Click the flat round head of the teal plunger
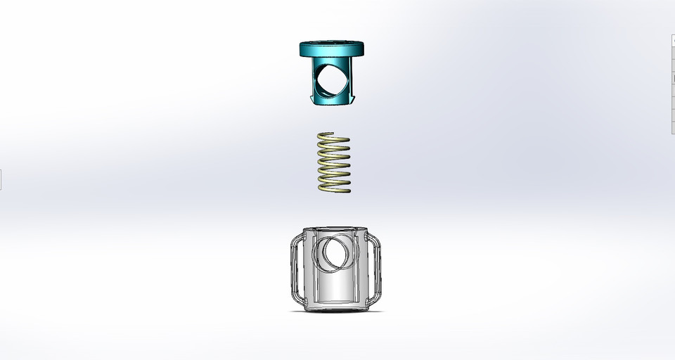(332, 50)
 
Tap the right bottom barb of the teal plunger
(353, 99)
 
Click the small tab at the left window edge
(1, 179)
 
